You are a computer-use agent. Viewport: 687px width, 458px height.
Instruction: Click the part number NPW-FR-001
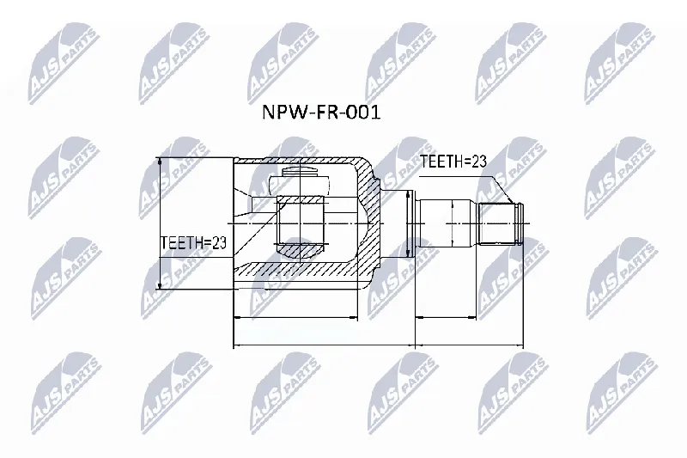click(321, 113)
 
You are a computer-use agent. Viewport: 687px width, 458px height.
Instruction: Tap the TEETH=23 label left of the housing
click(193, 242)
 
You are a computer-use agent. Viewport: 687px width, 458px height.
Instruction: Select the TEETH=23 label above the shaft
click(453, 162)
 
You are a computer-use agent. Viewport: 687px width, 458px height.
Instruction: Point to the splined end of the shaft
click(501, 224)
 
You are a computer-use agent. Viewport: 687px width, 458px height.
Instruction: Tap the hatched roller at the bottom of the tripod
click(300, 250)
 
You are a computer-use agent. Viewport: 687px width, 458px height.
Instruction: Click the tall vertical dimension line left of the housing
click(160, 223)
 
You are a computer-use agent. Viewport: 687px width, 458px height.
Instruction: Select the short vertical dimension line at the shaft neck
click(409, 223)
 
